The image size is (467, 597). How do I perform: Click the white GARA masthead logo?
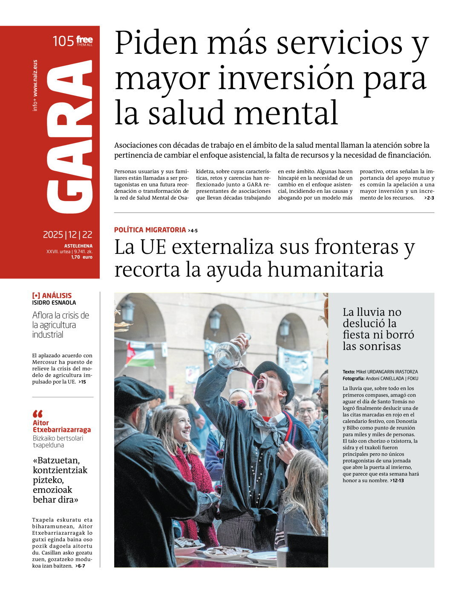pos(69,137)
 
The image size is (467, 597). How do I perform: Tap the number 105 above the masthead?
pos(63,41)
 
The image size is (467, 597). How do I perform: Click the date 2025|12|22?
pos(67,235)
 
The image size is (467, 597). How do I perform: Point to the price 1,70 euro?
pos(81,257)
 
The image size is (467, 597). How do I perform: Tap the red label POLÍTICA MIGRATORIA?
pos(150,230)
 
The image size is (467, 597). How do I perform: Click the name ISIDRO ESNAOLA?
pos(54,303)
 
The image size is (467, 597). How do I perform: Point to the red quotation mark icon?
pos(37,414)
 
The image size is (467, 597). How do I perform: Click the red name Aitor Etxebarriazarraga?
pos(61,426)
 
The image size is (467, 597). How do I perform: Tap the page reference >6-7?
pos(80,566)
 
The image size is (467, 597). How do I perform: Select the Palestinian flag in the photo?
pos(140,355)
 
